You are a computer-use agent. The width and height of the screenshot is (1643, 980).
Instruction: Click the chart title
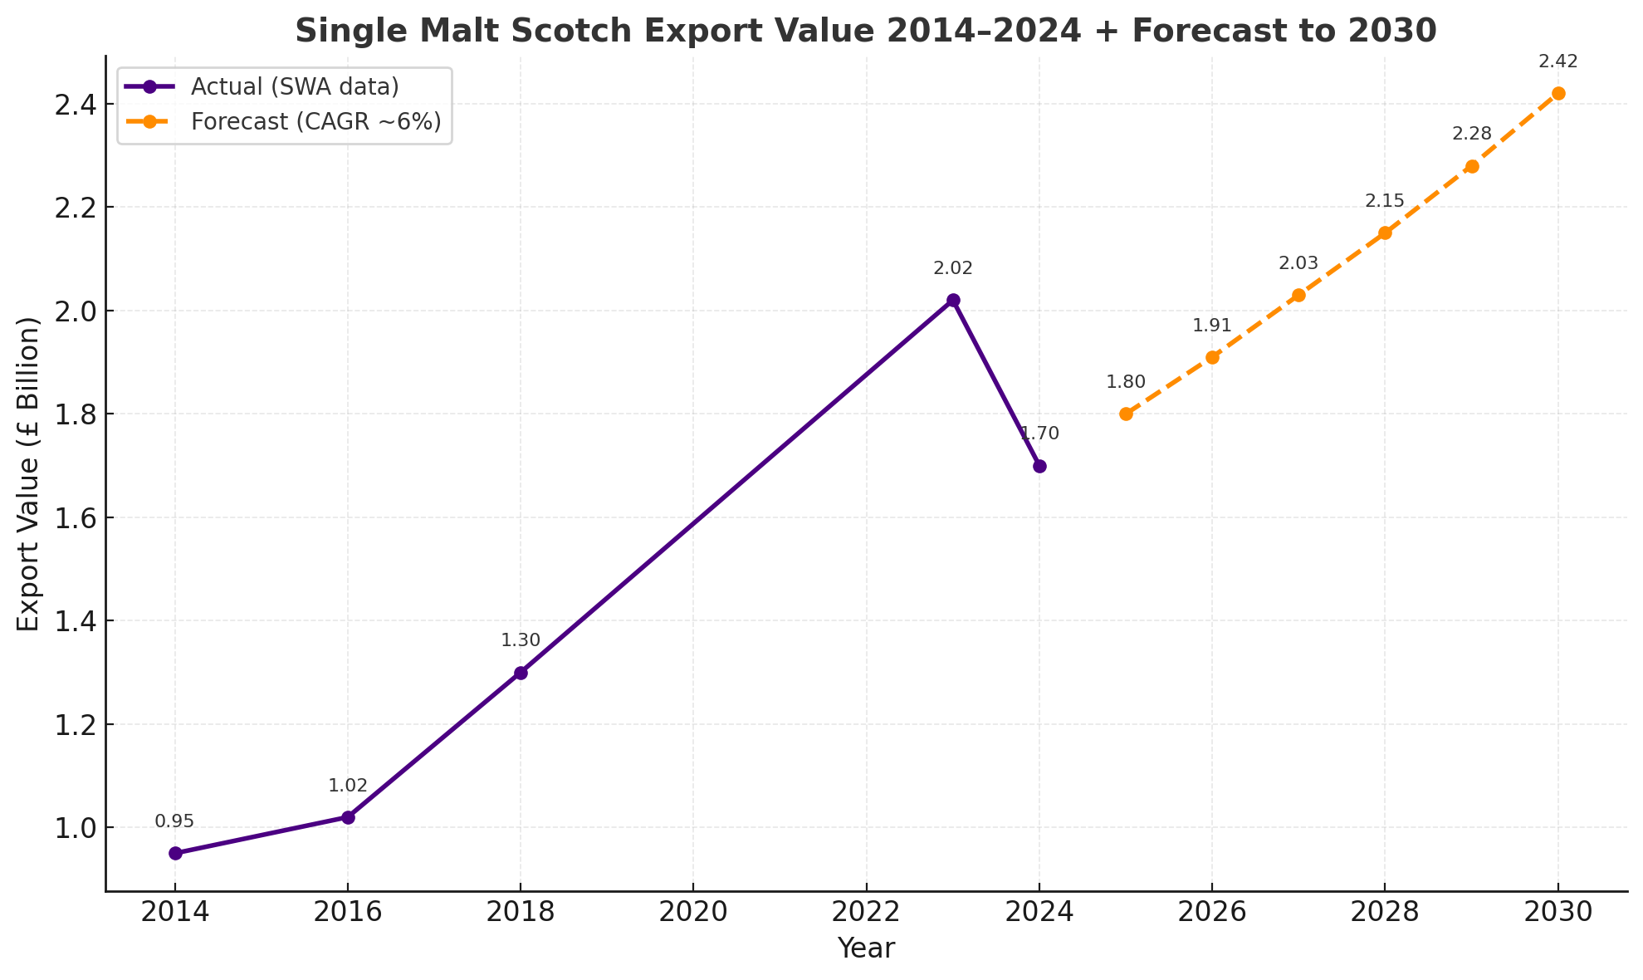point(865,32)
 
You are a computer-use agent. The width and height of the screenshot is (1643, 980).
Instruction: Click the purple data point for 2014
point(175,853)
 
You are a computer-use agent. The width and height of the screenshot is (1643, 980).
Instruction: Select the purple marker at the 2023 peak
point(953,300)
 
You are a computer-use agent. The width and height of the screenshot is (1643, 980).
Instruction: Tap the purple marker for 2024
point(1039,466)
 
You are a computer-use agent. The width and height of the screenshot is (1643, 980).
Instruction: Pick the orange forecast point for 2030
point(1558,93)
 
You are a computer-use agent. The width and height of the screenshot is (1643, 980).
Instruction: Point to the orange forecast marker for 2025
point(1126,414)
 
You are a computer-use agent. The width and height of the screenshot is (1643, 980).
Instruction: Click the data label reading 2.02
point(953,268)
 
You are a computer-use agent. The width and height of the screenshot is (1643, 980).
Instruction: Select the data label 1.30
point(521,640)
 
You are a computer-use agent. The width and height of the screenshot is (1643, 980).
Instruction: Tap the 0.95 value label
point(174,821)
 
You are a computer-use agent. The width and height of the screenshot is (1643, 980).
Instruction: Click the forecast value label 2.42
point(1558,61)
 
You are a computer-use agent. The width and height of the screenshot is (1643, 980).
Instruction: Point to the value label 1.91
point(1212,326)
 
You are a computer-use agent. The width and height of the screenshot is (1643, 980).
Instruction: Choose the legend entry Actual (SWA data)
point(295,86)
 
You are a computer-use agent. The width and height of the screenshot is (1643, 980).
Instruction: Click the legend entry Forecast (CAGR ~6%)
point(315,121)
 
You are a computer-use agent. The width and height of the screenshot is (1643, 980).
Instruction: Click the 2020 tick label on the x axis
point(693,912)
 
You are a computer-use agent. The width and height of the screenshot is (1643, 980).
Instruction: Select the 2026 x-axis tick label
point(1212,912)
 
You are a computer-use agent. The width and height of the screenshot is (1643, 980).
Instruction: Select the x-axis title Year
point(866,948)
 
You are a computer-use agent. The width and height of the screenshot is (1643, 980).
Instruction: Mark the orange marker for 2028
point(1385,233)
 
